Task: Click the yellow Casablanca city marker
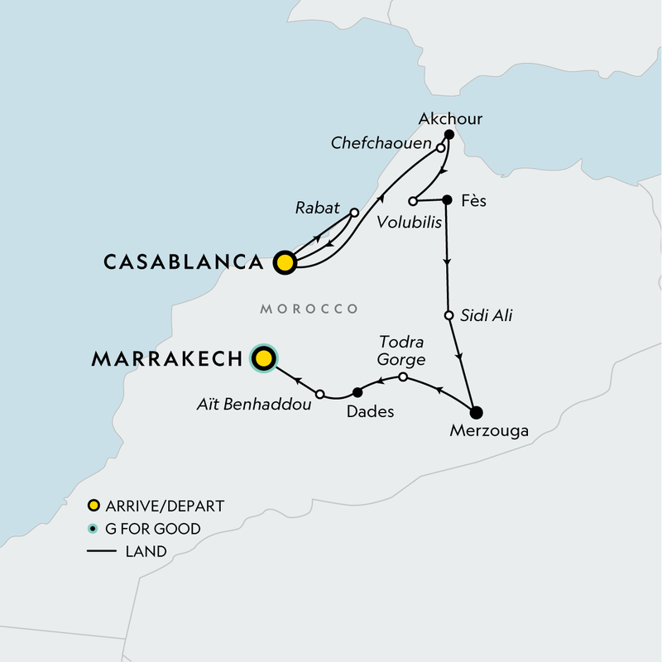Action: point(285,262)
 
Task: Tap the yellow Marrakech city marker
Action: point(263,358)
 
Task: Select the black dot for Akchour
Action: point(449,134)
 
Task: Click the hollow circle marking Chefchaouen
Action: point(441,148)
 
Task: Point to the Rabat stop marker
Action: point(354,213)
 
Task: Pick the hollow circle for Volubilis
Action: point(413,201)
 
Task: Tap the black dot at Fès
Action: point(447,199)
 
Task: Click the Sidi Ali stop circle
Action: point(449,315)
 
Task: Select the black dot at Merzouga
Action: point(475,412)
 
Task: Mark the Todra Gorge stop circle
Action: point(403,377)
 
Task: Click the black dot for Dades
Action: point(357,392)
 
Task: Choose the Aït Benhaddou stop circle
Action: point(319,394)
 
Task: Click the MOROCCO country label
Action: point(309,309)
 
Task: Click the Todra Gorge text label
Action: point(401,351)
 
